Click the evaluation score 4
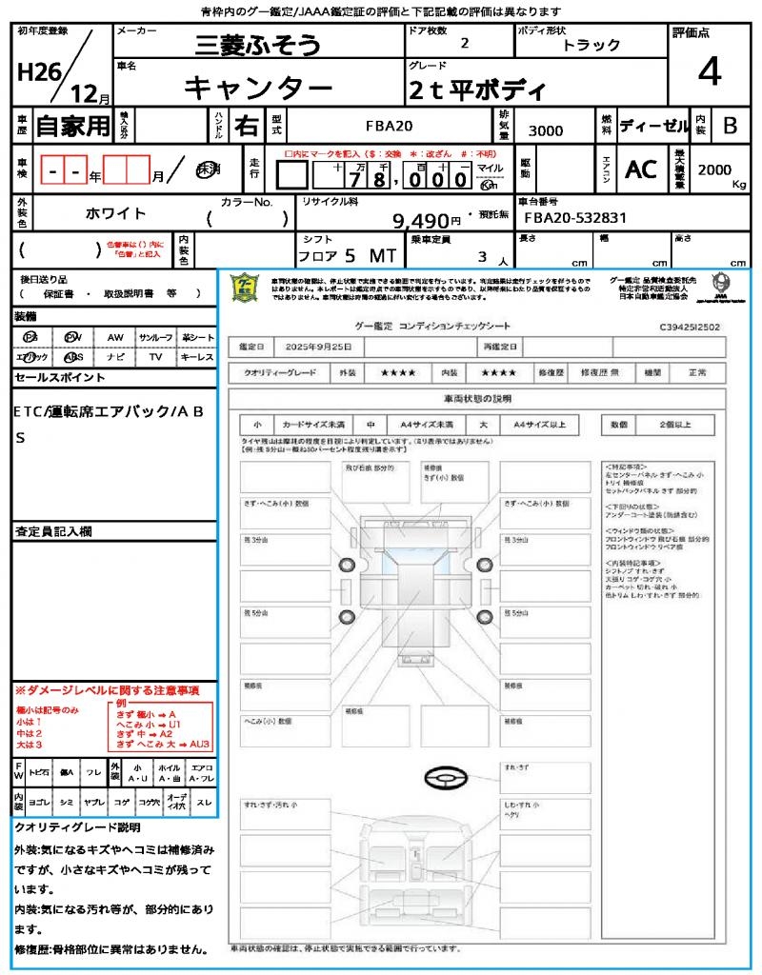click(709, 73)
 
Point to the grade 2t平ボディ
click(477, 90)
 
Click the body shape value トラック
click(591, 45)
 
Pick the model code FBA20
click(390, 126)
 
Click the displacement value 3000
click(546, 130)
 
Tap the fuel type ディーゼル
click(654, 126)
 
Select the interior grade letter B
click(730, 126)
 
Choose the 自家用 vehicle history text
click(72, 126)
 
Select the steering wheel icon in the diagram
click(446, 780)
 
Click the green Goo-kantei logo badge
click(247, 287)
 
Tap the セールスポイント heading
click(60, 378)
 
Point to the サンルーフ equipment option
click(155, 337)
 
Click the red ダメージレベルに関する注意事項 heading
click(107, 689)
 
